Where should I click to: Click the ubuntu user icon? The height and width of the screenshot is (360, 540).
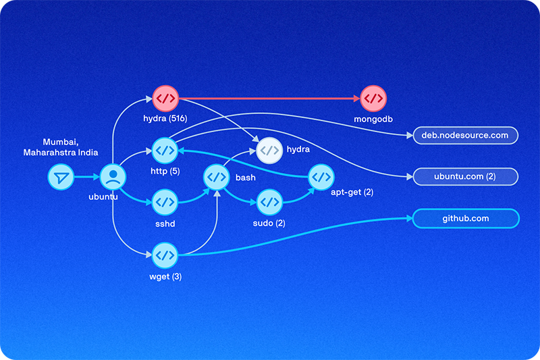click(x=113, y=178)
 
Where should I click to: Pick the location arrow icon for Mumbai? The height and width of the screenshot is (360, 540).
click(x=61, y=178)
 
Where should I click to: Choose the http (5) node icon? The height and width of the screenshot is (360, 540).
click(x=165, y=150)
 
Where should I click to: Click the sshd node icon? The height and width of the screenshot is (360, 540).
click(x=165, y=201)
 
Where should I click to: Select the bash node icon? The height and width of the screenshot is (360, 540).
click(x=217, y=178)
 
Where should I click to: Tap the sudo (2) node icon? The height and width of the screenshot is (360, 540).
click(x=269, y=201)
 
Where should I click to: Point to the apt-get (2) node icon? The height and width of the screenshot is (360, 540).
click(x=321, y=178)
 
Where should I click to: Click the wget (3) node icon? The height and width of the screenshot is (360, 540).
click(x=165, y=255)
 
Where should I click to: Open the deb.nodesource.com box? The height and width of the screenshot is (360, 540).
click(x=465, y=136)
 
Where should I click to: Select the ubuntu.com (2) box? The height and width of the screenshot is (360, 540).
click(x=465, y=177)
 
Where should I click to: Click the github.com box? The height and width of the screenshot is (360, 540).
click(x=465, y=219)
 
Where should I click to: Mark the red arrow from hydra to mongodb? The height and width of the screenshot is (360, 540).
click(x=270, y=99)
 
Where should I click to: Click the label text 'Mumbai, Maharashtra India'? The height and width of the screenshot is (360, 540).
click(x=70, y=147)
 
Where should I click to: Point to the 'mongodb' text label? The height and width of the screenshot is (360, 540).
click(x=373, y=119)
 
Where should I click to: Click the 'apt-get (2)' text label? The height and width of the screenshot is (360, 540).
click(x=352, y=192)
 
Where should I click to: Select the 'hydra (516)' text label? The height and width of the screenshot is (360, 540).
click(x=165, y=119)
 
